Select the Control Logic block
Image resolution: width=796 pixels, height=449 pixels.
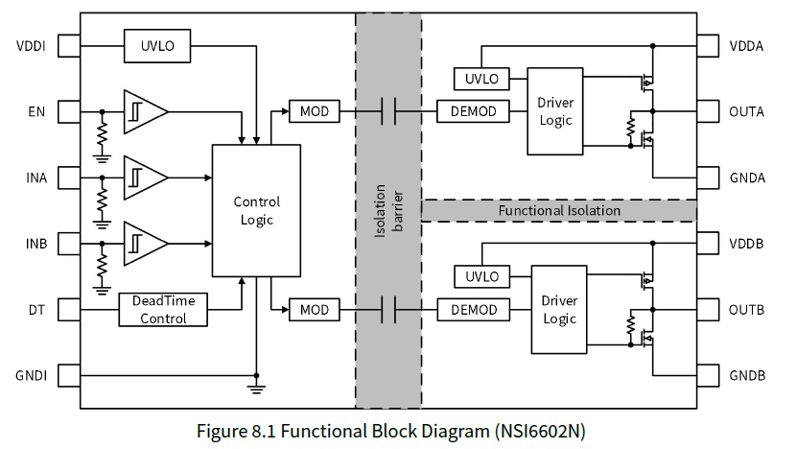(256, 211)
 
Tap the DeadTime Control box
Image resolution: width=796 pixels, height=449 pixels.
(163, 309)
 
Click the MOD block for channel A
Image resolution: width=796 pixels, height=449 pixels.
(314, 112)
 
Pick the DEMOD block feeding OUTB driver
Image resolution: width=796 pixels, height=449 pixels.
(473, 310)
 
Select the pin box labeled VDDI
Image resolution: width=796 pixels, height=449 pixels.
(70, 45)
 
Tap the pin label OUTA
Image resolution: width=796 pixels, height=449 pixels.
(746, 112)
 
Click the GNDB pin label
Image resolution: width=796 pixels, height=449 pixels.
(747, 375)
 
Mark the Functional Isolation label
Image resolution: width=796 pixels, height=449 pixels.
(558, 210)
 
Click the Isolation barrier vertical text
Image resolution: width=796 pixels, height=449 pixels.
(388, 210)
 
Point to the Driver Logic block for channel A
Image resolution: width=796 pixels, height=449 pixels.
(554, 111)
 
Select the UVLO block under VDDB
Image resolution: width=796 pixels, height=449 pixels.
(481, 276)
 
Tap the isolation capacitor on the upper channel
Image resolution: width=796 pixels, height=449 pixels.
(388, 112)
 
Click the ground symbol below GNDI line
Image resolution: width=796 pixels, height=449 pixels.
(256, 387)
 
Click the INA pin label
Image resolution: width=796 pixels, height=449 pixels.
(36, 177)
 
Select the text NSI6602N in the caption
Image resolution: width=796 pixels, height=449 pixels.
(540, 431)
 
